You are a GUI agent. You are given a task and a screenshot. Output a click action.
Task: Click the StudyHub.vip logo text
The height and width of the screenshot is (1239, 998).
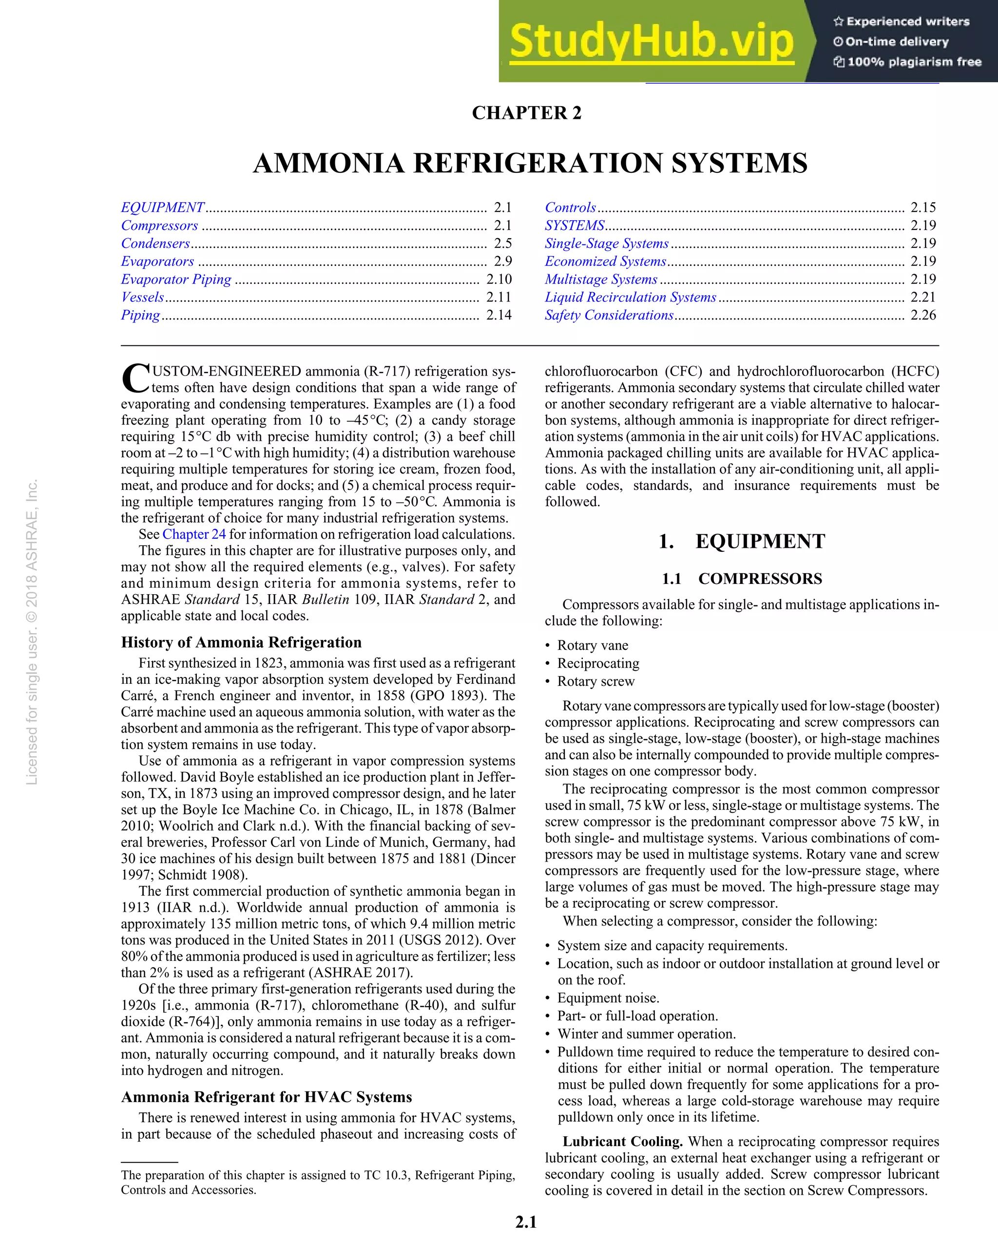[652, 41]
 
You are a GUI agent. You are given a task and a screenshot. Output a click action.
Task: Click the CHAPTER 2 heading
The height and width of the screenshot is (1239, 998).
[527, 113]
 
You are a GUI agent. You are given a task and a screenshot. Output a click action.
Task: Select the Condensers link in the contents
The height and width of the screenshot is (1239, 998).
[155, 243]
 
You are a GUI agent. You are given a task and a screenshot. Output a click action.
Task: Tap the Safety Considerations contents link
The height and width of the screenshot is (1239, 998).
[609, 315]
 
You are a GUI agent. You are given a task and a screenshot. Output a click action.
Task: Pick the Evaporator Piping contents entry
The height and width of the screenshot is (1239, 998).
[176, 279]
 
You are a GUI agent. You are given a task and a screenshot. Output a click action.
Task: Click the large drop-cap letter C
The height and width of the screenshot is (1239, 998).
[135, 379]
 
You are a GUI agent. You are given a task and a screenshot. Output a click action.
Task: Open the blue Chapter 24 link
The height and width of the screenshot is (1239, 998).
[194, 534]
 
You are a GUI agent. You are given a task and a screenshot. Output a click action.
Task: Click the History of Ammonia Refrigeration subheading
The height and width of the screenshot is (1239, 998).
[241, 642]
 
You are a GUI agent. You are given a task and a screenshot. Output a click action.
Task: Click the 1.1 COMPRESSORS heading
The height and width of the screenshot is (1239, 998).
[742, 578]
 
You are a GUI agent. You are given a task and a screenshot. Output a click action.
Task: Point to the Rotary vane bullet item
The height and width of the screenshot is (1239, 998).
[592, 645]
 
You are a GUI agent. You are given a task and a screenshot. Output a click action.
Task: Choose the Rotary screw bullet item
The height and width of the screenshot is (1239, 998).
[595, 681]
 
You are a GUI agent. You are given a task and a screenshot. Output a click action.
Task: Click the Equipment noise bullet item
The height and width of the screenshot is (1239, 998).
[608, 997]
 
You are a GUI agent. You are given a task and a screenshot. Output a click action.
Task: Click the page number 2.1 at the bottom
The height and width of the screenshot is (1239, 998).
[526, 1222]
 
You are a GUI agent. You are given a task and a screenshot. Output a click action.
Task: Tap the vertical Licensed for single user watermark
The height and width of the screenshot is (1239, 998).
[32, 632]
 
